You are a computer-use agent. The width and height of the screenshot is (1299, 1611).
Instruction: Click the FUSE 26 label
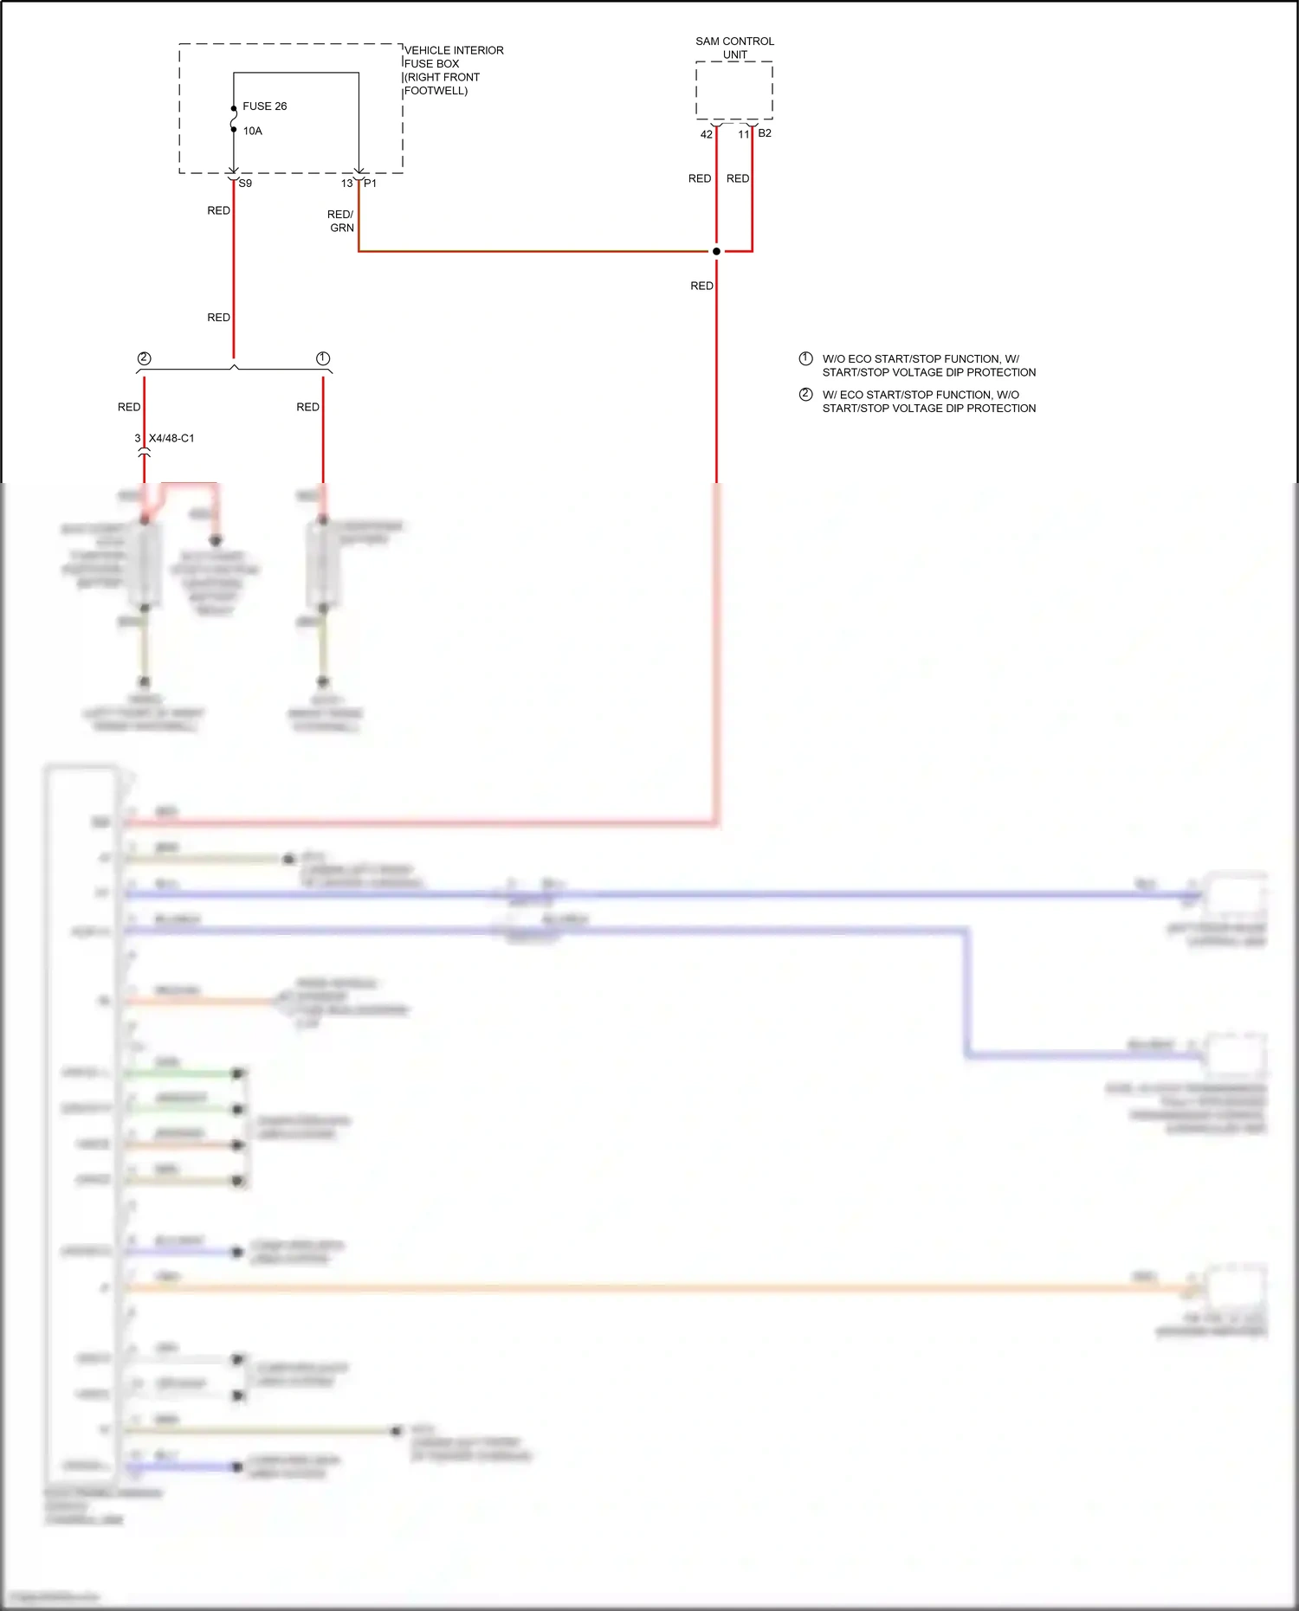(264, 106)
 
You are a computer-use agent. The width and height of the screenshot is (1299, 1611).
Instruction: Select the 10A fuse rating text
(252, 132)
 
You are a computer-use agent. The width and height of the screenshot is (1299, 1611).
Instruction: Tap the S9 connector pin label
(245, 184)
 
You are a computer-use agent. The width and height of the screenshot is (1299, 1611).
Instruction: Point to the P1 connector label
(370, 184)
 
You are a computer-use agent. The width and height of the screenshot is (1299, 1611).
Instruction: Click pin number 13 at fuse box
(346, 184)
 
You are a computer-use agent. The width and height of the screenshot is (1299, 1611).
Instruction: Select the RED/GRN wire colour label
(340, 221)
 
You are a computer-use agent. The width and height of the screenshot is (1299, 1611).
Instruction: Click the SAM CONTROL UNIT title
(734, 48)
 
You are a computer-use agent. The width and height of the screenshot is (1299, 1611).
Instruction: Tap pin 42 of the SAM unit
(706, 134)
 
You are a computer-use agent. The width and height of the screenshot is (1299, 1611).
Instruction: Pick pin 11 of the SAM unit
(743, 134)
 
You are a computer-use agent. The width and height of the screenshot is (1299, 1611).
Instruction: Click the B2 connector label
(765, 133)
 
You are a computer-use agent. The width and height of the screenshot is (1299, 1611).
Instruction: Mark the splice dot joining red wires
(716, 251)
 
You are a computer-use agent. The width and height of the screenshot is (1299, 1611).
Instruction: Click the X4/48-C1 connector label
(171, 438)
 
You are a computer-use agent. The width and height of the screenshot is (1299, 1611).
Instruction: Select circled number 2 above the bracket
(145, 358)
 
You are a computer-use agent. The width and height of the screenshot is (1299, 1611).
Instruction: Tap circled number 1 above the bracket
(323, 358)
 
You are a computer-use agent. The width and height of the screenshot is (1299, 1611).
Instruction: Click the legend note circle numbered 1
(805, 358)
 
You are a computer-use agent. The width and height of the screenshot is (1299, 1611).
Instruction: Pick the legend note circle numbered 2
(805, 395)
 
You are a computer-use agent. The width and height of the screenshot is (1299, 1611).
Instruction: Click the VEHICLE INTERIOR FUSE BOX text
(453, 70)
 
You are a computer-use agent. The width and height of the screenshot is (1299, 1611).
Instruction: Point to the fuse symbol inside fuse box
(234, 119)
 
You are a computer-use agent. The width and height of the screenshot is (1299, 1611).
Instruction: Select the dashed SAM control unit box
(734, 90)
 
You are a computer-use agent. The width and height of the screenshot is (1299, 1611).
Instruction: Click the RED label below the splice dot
(701, 286)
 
